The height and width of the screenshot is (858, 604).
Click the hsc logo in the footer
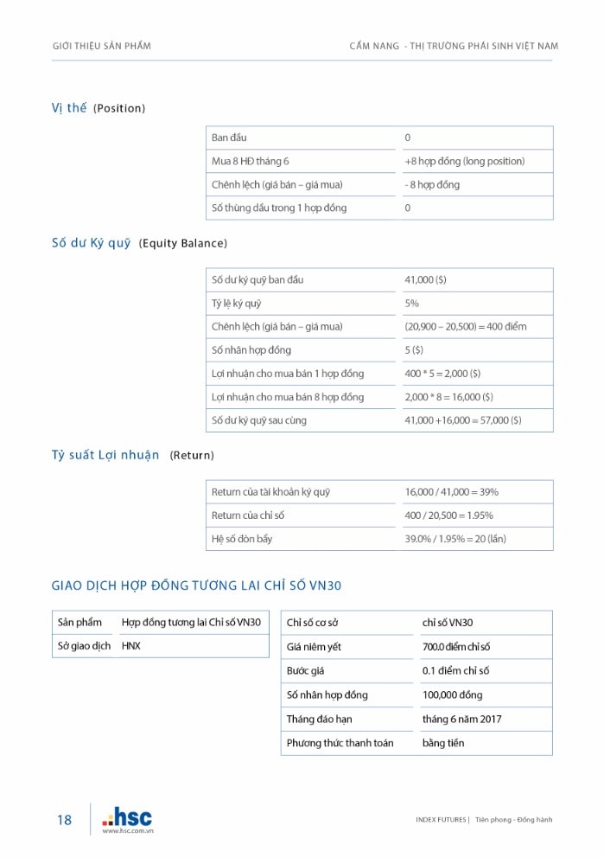127,816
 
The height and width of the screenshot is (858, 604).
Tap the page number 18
65,820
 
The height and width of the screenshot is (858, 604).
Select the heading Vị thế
69,108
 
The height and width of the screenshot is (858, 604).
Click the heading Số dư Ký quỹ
92,243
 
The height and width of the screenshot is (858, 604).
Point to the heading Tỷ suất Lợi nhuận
105,455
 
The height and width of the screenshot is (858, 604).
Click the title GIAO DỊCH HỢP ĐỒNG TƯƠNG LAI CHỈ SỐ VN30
197,586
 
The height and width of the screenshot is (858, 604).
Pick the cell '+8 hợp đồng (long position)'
464,162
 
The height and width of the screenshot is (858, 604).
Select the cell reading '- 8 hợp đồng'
432,185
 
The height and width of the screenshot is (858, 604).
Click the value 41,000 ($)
425,280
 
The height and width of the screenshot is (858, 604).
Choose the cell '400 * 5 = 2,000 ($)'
442,374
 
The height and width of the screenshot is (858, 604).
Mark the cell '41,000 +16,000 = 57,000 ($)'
462,420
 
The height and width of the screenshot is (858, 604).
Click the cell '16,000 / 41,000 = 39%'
451,492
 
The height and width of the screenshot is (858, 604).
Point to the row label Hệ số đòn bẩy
241,539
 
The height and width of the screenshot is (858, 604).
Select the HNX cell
131,646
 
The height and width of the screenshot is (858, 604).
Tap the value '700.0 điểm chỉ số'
456,647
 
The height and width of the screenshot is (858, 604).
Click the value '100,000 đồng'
452,695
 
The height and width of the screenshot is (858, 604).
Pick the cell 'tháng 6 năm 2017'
461,720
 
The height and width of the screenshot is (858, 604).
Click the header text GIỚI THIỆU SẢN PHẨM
101,46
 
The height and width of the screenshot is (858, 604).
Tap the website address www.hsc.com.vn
128,831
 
